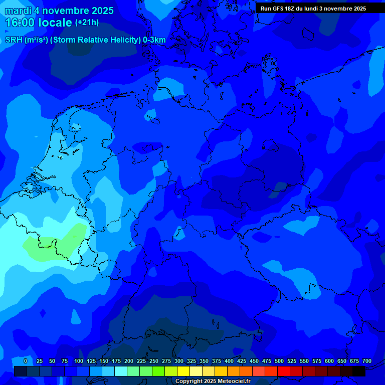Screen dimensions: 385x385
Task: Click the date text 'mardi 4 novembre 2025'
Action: [59, 11]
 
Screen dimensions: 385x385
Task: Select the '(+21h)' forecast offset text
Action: [87, 23]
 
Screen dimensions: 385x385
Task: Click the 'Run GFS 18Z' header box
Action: [313, 9]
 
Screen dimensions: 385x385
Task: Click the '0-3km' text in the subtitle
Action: [154, 40]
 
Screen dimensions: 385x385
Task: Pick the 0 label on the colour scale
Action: [26, 361]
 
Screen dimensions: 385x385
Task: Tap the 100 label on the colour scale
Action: [79, 361]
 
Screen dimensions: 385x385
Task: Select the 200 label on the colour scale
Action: [129, 361]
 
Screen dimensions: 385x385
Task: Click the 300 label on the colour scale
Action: [179, 361]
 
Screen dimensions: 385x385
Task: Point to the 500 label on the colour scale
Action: [279, 361]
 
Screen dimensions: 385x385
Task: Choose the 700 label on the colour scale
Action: [367, 361]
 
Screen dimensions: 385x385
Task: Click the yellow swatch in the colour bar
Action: [183, 371]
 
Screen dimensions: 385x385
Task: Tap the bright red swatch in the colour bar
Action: [284, 371]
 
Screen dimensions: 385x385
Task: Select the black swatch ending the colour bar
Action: [359, 371]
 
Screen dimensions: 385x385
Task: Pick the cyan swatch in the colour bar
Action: [121, 371]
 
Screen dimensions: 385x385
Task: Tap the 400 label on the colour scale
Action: [229, 361]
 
